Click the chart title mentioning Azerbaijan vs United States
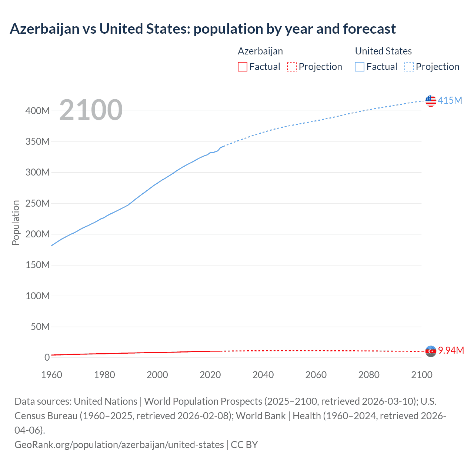(x=203, y=29)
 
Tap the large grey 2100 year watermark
(x=91, y=110)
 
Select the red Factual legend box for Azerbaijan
(x=242, y=67)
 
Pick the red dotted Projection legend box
(x=292, y=67)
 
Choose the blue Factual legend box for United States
(x=359, y=67)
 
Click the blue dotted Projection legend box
(x=409, y=67)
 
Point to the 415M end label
(x=450, y=100)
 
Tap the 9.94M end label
(x=451, y=350)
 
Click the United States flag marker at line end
(x=431, y=101)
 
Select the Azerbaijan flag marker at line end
(x=431, y=351)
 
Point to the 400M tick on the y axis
(x=37, y=111)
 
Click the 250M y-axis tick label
(x=37, y=203)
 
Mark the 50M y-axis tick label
(x=40, y=327)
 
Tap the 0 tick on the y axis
(x=47, y=357)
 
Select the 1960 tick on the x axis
(x=51, y=375)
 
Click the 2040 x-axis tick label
(x=263, y=375)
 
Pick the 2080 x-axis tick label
(x=369, y=375)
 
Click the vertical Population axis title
(x=16, y=223)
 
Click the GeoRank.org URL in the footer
(x=119, y=444)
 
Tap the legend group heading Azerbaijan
(x=260, y=51)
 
